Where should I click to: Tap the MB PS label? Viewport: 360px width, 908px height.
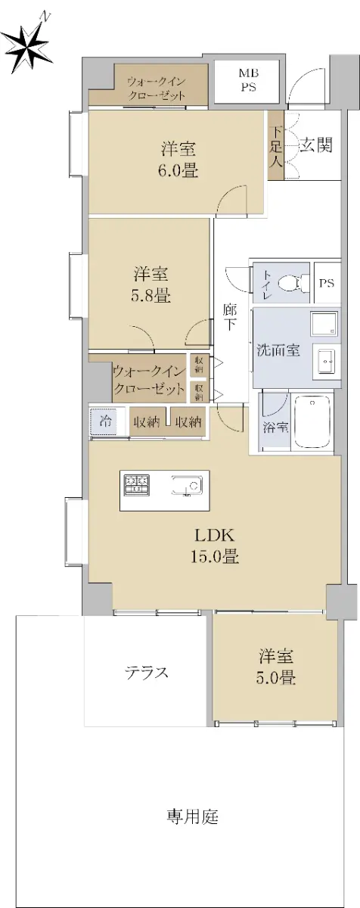coord(249,80)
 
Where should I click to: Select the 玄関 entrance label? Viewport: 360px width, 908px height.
coord(316,145)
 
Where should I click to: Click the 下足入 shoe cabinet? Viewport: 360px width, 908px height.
coord(276,145)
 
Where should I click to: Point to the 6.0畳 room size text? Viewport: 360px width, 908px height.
coord(178,171)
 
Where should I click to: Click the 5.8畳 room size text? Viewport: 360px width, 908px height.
coord(151,295)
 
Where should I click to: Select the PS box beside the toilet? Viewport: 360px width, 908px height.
coord(327,282)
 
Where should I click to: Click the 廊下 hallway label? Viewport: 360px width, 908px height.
coord(230,317)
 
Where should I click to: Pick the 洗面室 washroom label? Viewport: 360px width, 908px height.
coord(278,350)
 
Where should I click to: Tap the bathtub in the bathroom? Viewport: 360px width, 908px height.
coord(313,421)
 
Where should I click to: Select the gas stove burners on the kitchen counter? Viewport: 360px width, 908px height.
coord(137,484)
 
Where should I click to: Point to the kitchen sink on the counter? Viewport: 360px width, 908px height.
coord(187,485)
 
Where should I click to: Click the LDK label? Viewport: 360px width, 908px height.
coord(215,536)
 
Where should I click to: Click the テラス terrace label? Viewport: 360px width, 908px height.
coord(146,673)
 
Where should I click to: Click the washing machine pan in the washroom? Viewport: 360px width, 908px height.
coord(324,324)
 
